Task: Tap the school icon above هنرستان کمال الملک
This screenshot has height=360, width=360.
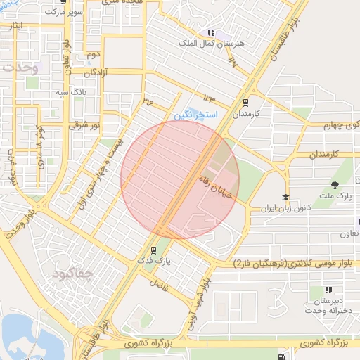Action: point(210,32)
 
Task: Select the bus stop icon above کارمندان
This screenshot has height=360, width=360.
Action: point(245,101)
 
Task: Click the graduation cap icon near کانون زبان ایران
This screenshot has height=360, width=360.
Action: point(285,198)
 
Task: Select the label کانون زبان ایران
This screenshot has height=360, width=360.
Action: point(285,209)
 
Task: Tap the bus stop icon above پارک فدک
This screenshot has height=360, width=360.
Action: point(153,250)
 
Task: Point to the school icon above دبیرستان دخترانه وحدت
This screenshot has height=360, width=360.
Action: point(328,290)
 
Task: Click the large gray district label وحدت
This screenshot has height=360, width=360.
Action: point(19,68)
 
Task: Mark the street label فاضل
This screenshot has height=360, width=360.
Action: point(159,283)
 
